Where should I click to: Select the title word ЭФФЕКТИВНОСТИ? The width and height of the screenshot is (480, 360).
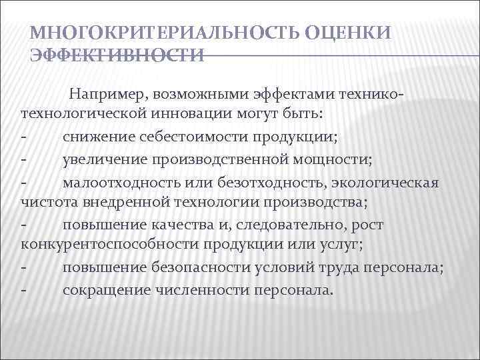117,56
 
